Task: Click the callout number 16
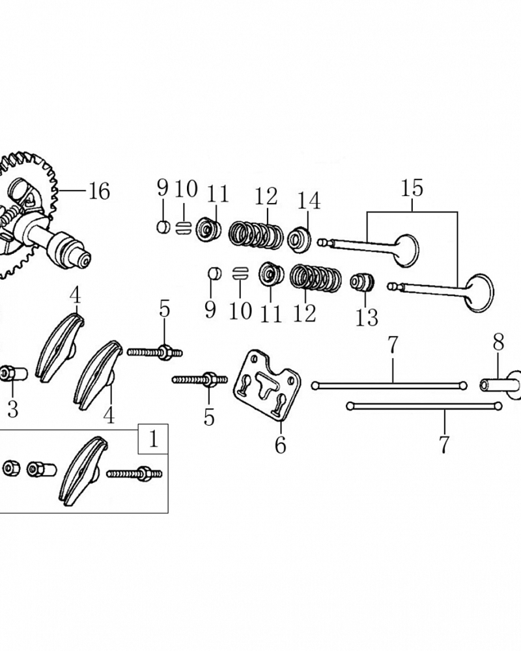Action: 99,191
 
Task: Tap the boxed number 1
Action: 153,439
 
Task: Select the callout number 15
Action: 412,188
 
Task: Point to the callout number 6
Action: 281,445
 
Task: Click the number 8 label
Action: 499,342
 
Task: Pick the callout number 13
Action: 367,318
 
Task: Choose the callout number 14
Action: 309,201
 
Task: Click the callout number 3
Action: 13,409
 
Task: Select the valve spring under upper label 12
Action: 257,235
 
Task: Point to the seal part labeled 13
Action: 362,283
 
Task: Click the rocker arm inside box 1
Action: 83,471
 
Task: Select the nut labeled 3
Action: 13,374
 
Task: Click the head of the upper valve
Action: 406,251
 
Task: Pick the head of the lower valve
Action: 480,293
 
